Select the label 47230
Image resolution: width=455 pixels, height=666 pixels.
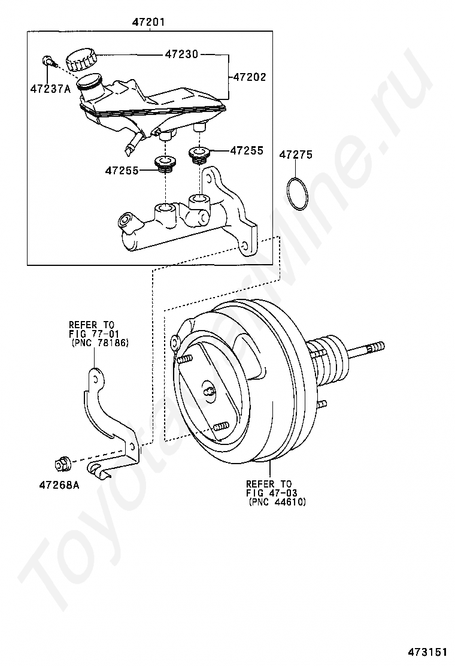[x=181, y=55]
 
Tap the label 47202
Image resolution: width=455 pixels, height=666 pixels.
[x=249, y=77]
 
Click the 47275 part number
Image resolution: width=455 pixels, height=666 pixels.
[x=295, y=155]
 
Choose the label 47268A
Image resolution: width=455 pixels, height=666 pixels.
[x=59, y=485]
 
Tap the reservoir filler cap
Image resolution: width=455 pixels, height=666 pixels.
[x=81, y=59]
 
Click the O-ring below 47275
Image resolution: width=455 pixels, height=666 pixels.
[x=296, y=193]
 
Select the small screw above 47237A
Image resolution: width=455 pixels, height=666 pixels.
[x=50, y=62]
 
